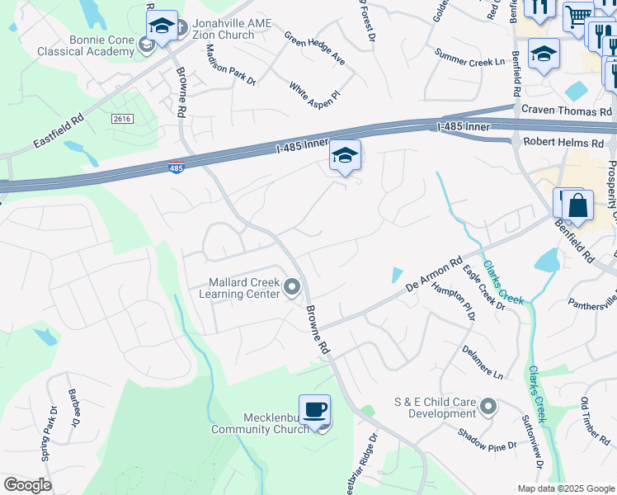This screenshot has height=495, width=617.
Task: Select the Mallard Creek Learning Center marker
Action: [x=292, y=287]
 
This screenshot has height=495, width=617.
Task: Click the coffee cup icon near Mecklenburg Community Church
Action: [x=314, y=411]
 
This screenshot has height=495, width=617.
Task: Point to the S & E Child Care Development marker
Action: [x=488, y=407]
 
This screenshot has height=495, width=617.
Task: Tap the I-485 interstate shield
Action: [x=176, y=167]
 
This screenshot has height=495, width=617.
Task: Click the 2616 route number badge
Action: [x=122, y=120]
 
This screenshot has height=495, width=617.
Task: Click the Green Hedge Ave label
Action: [x=314, y=50]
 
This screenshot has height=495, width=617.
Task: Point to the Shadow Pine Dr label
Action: [x=487, y=439]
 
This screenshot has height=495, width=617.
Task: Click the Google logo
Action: [x=27, y=484]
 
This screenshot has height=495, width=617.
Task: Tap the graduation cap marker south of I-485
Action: [x=345, y=156]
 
